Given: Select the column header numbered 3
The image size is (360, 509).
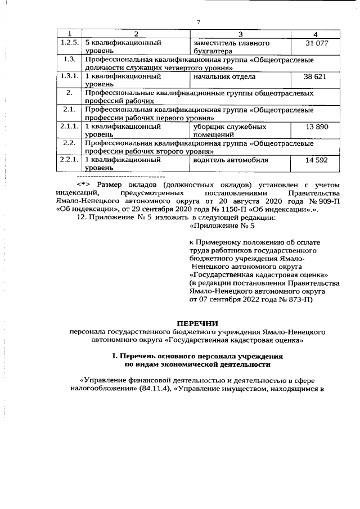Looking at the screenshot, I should [239, 34].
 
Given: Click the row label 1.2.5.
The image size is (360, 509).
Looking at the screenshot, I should [69, 43].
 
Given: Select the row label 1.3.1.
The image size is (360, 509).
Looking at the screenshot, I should [69, 76].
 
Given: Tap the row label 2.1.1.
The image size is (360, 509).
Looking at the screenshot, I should [69, 127].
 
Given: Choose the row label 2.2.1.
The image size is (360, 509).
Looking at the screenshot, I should [69, 160].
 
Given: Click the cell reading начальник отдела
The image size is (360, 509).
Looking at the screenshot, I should [224, 76].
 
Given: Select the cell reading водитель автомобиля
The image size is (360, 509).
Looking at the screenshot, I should [230, 160].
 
